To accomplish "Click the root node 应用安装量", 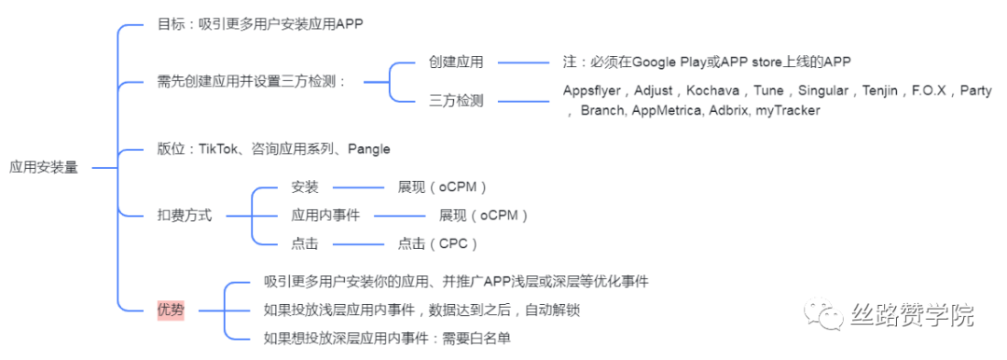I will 45,168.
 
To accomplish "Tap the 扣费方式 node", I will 185,215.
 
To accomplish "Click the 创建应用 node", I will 457,62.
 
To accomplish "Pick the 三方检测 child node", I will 457,101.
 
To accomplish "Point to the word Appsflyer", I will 594,90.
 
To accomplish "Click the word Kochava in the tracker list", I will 712,90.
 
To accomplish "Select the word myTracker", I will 788,110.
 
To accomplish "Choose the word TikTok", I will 220,148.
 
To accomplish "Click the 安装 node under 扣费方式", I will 305,187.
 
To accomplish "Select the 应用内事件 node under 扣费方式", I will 319,215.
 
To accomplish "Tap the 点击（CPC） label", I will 438,243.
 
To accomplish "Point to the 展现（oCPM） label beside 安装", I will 443,187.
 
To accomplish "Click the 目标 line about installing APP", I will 259,24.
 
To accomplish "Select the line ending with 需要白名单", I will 387,338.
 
